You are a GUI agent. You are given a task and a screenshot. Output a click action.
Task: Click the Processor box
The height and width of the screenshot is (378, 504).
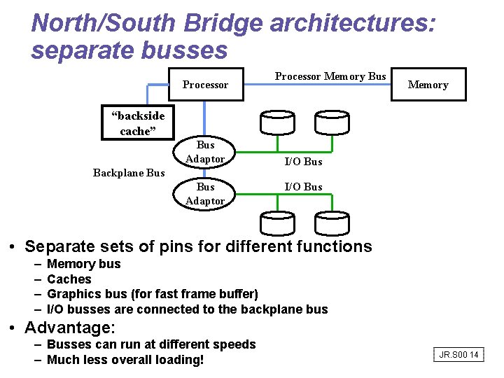205,85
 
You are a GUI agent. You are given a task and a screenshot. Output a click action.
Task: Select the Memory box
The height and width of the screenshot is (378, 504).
428,85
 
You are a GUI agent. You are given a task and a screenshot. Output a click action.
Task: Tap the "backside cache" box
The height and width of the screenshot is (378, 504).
133,123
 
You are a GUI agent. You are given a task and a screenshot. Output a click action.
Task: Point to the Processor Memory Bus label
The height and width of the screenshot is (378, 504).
330,76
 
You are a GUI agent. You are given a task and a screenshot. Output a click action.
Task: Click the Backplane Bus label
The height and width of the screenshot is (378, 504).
129,173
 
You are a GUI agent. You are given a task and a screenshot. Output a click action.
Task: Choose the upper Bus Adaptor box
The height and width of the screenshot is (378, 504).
205,152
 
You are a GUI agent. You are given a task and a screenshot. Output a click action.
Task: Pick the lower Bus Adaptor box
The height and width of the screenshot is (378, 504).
205,194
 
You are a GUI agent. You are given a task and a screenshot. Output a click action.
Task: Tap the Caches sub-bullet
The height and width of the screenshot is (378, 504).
69,279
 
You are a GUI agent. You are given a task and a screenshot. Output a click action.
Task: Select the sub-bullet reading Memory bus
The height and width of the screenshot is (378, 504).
83,264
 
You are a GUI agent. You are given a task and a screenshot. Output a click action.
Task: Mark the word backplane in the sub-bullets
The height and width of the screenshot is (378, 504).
269,309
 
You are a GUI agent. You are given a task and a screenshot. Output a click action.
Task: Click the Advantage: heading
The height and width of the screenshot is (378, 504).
70,328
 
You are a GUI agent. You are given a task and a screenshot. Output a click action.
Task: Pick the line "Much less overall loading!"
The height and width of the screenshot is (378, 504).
125,360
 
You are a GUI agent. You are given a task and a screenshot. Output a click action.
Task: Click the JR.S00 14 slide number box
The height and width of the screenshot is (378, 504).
458,355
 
